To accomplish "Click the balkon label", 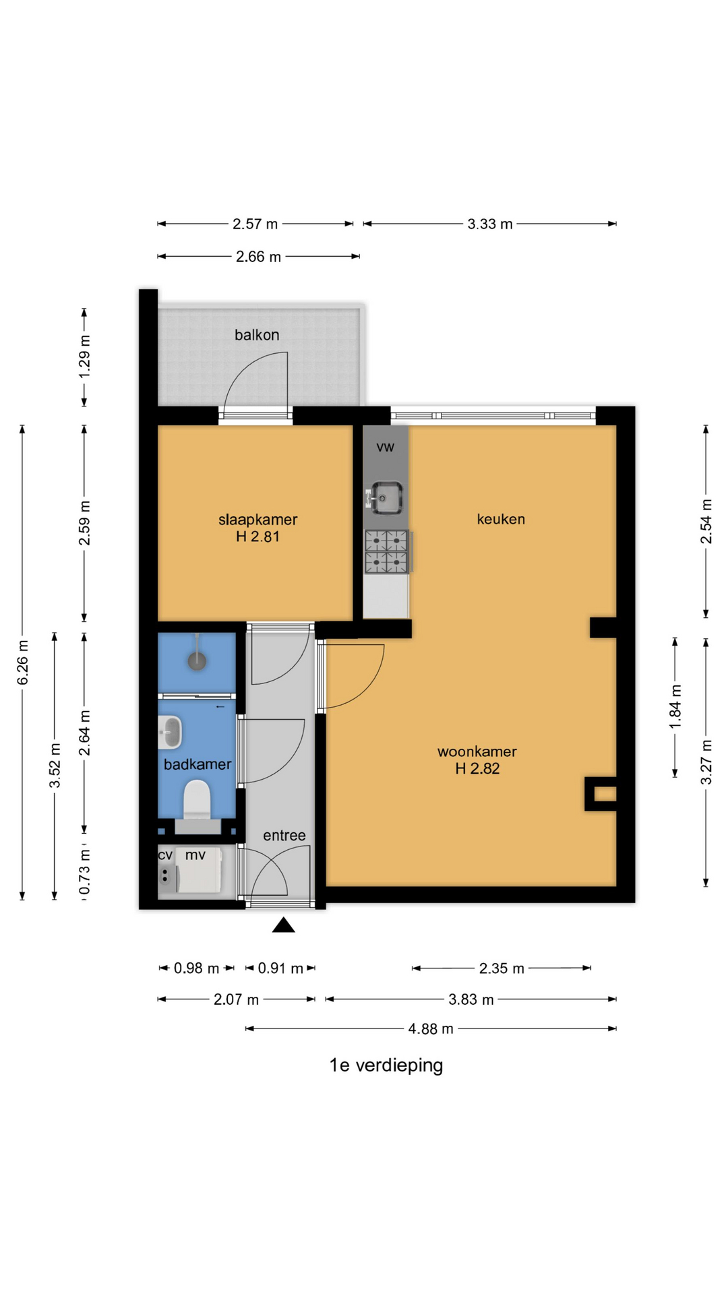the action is [x=257, y=335].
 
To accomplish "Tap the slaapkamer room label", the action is [x=257, y=520].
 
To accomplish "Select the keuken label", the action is [x=501, y=519].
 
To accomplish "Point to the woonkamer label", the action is [x=477, y=751].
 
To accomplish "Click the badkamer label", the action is [x=198, y=764].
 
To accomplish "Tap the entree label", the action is [x=284, y=836].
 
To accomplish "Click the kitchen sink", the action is [x=386, y=497].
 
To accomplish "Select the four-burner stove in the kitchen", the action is [x=388, y=552].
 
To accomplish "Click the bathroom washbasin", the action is [x=171, y=732].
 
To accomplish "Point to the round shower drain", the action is [x=197, y=661].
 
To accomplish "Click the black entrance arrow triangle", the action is [x=284, y=925].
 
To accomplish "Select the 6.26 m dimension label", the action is [x=22, y=662].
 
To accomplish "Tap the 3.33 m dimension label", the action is [x=490, y=224].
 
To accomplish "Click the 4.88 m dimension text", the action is [x=431, y=1028].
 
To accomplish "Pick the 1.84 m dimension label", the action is [x=675, y=706].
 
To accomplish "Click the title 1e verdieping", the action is [x=386, y=1066].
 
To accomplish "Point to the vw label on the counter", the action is [x=386, y=447].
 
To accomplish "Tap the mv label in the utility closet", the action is [x=195, y=855].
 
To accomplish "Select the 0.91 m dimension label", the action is [x=280, y=968].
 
